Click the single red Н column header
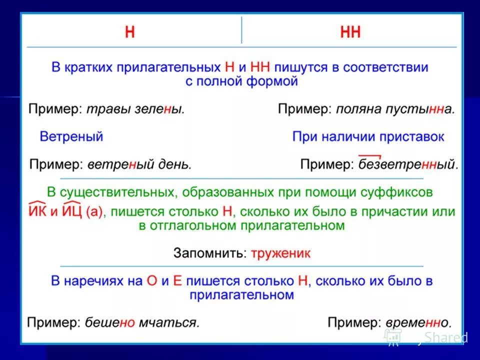pyautogui.click(x=130, y=32)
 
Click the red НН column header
pyautogui.click(x=350, y=32)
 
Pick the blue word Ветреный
pyautogui.click(x=71, y=136)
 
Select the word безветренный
pyautogui.click(x=408, y=164)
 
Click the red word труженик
pyautogui.click(x=280, y=253)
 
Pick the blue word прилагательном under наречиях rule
pyautogui.click(x=241, y=295)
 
